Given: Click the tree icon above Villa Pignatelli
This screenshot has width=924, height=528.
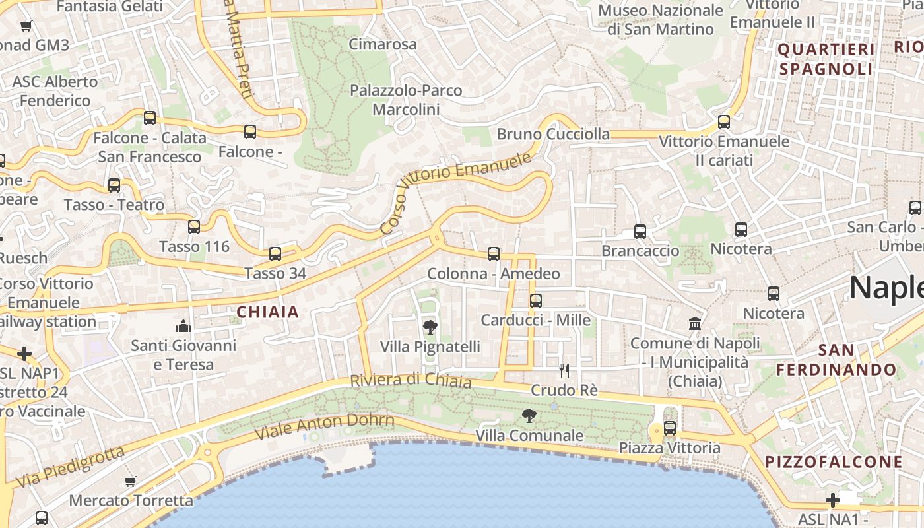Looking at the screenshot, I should [430, 327].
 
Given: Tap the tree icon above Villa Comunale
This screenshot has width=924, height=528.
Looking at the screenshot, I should [529, 416].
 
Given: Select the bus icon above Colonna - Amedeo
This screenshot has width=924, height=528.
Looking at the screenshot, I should [493, 254].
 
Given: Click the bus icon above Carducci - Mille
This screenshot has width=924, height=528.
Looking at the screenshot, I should [535, 301].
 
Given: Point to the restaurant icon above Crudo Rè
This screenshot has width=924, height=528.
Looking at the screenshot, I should [564, 370].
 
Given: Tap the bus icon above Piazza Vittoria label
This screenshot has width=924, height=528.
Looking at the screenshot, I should [670, 428].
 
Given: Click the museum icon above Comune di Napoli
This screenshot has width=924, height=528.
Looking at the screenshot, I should [694, 323].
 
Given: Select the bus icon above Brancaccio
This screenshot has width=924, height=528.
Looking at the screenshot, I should [640, 232].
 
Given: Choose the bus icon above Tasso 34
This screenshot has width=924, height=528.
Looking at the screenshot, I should [275, 253].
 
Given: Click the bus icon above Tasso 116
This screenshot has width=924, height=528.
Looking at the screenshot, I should [193, 227].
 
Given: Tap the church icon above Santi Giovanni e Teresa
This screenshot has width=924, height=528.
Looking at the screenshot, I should [183, 326].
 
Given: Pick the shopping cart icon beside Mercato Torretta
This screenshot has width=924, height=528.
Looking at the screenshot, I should [130, 481].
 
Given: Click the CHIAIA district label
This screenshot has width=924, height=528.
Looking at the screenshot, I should [267, 312].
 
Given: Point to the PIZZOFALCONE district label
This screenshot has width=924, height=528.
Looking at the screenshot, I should [834, 462].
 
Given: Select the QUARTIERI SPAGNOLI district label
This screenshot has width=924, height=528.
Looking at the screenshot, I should [826, 59].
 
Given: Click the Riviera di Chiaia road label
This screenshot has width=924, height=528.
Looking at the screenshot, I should [411, 381].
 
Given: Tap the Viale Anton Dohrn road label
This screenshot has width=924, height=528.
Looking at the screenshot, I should [324, 427].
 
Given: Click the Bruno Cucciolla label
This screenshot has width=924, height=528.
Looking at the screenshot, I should [553, 134].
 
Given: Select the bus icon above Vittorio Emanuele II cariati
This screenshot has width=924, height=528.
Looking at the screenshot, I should [723, 122].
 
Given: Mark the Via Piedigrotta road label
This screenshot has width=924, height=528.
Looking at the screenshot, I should [70, 467].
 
